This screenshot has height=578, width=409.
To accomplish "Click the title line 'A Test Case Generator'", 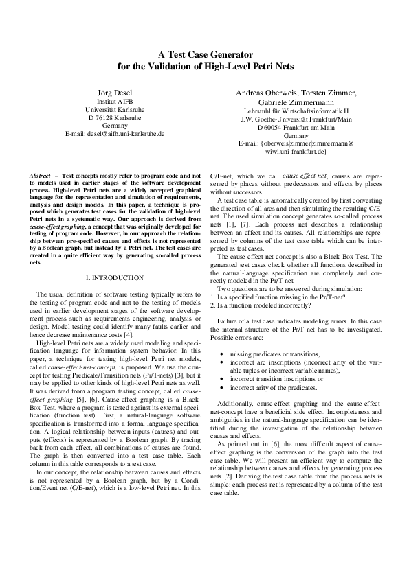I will [x=204, y=54].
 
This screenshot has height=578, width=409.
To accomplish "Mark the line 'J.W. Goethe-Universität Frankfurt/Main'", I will [x=296, y=119].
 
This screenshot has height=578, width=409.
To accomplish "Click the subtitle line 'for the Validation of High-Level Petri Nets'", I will [x=204, y=67].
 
